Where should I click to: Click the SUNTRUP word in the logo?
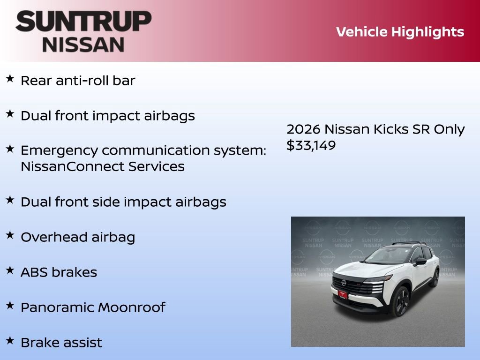pos(83,21)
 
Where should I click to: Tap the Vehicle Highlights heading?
pos(400,32)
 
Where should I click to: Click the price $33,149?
pos(311,145)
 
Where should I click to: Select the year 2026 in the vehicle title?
pos(303,129)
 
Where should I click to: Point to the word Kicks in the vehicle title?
pos(391,129)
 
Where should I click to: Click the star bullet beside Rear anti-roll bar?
pos(10,78)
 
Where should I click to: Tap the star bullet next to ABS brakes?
pos(10,270)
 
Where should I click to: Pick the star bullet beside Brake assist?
pos(10,340)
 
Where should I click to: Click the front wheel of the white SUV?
pos(401,301)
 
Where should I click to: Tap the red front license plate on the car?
pos(342,294)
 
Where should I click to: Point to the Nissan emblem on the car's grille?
pos(344,283)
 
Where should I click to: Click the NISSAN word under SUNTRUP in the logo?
pos(83,45)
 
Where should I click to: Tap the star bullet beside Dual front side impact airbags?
pos(10,200)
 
